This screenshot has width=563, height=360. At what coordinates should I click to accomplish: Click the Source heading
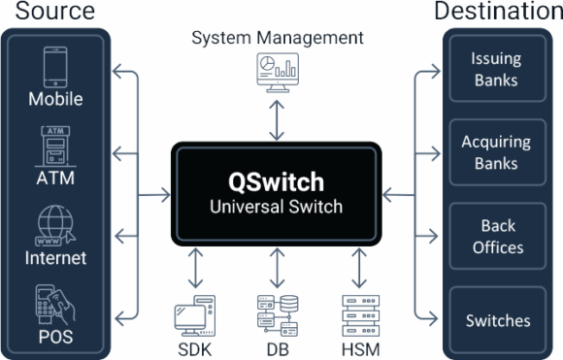pyautogui.click(x=48, y=12)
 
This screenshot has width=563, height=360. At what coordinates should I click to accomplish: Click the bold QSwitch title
pyautogui.click(x=277, y=182)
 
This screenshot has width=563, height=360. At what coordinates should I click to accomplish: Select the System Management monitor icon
pyautogui.click(x=277, y=71)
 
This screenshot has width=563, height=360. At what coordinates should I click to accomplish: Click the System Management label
pyautogui.click(x=277, y=38)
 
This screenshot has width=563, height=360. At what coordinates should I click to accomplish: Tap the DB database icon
pyautogui.click(x=277, y=313)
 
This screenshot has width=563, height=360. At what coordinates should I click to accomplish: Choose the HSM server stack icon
pyautogui.click(x=361, y=313)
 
